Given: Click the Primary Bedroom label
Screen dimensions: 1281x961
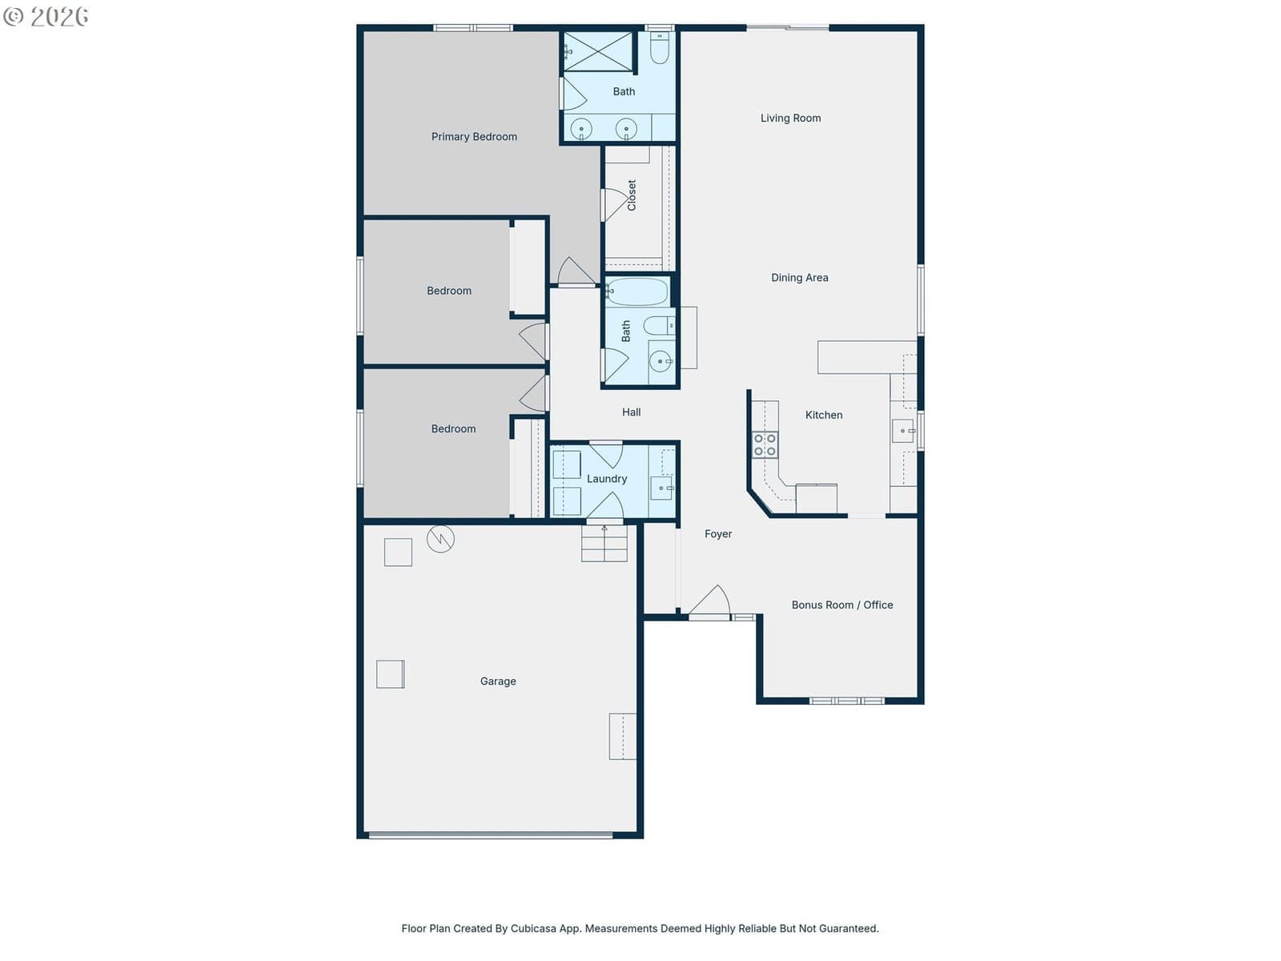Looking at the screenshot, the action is click(x=474, y=136).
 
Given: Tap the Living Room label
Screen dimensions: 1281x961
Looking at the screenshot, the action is click(x=790, y=118).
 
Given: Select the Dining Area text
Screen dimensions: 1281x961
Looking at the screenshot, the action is click(x=799, y=278).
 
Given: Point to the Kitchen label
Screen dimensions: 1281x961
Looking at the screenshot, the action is click(x=824, y=415).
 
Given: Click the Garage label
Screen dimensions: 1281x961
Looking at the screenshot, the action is click(x=498, y=681).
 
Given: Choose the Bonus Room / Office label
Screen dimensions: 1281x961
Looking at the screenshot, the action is click(x=841, y=605).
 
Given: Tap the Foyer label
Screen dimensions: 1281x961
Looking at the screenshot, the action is click(x=718, y=534).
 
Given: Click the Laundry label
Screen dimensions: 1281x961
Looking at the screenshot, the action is click(x=606, y=478).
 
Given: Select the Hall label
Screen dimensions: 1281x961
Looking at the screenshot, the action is click(x=631, y=412).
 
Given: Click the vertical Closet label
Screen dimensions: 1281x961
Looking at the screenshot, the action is click(x=632, y=195).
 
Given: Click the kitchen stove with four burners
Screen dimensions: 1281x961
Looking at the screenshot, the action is click(x=765, y=444).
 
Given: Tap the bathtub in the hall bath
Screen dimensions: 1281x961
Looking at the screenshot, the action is click(x=636, y=292).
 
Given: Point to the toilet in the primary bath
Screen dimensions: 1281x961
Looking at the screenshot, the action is click(x=659, y=48).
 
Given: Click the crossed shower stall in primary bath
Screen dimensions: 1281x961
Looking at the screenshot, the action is click(x=597, y=51).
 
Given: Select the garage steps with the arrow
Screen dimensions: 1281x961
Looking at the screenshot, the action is click(x=604, y=543).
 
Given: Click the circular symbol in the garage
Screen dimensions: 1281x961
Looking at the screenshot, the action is click(x=440, y=538).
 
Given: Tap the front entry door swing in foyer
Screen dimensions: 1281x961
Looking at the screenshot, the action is click(x=709, y=600).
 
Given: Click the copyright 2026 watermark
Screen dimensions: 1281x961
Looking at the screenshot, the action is click(x=46, y=17).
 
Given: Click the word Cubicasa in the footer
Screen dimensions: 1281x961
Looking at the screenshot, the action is click(x=533, y=928).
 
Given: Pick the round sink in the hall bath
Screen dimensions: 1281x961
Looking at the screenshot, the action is click(x=660, y=361).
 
